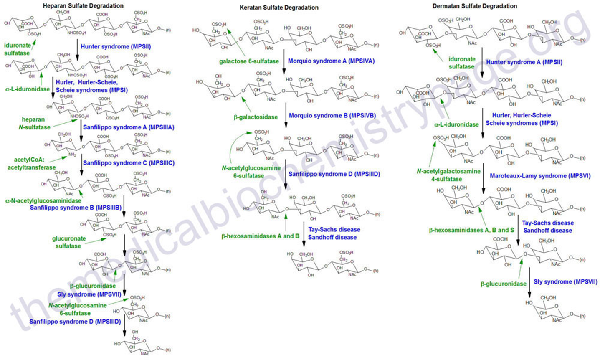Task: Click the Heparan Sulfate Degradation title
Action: [83, 5]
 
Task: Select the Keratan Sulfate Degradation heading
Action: [279, 8]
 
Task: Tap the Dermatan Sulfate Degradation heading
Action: [475, 6]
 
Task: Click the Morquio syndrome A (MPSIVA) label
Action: [331, 61]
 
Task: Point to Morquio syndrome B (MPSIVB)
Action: [332, 116]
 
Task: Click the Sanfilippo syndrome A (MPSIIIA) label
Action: [129, 127]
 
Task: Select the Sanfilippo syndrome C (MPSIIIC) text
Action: [129, 163]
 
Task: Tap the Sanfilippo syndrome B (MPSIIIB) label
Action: [76, 208]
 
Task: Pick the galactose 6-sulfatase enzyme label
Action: [249, 61]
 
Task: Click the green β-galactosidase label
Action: [256, 117]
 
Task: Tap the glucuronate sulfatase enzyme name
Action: [69, 242]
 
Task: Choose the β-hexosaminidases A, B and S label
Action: [471, 230]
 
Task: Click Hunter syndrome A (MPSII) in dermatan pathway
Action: [524, 62]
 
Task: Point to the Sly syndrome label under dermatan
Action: [565, 282]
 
